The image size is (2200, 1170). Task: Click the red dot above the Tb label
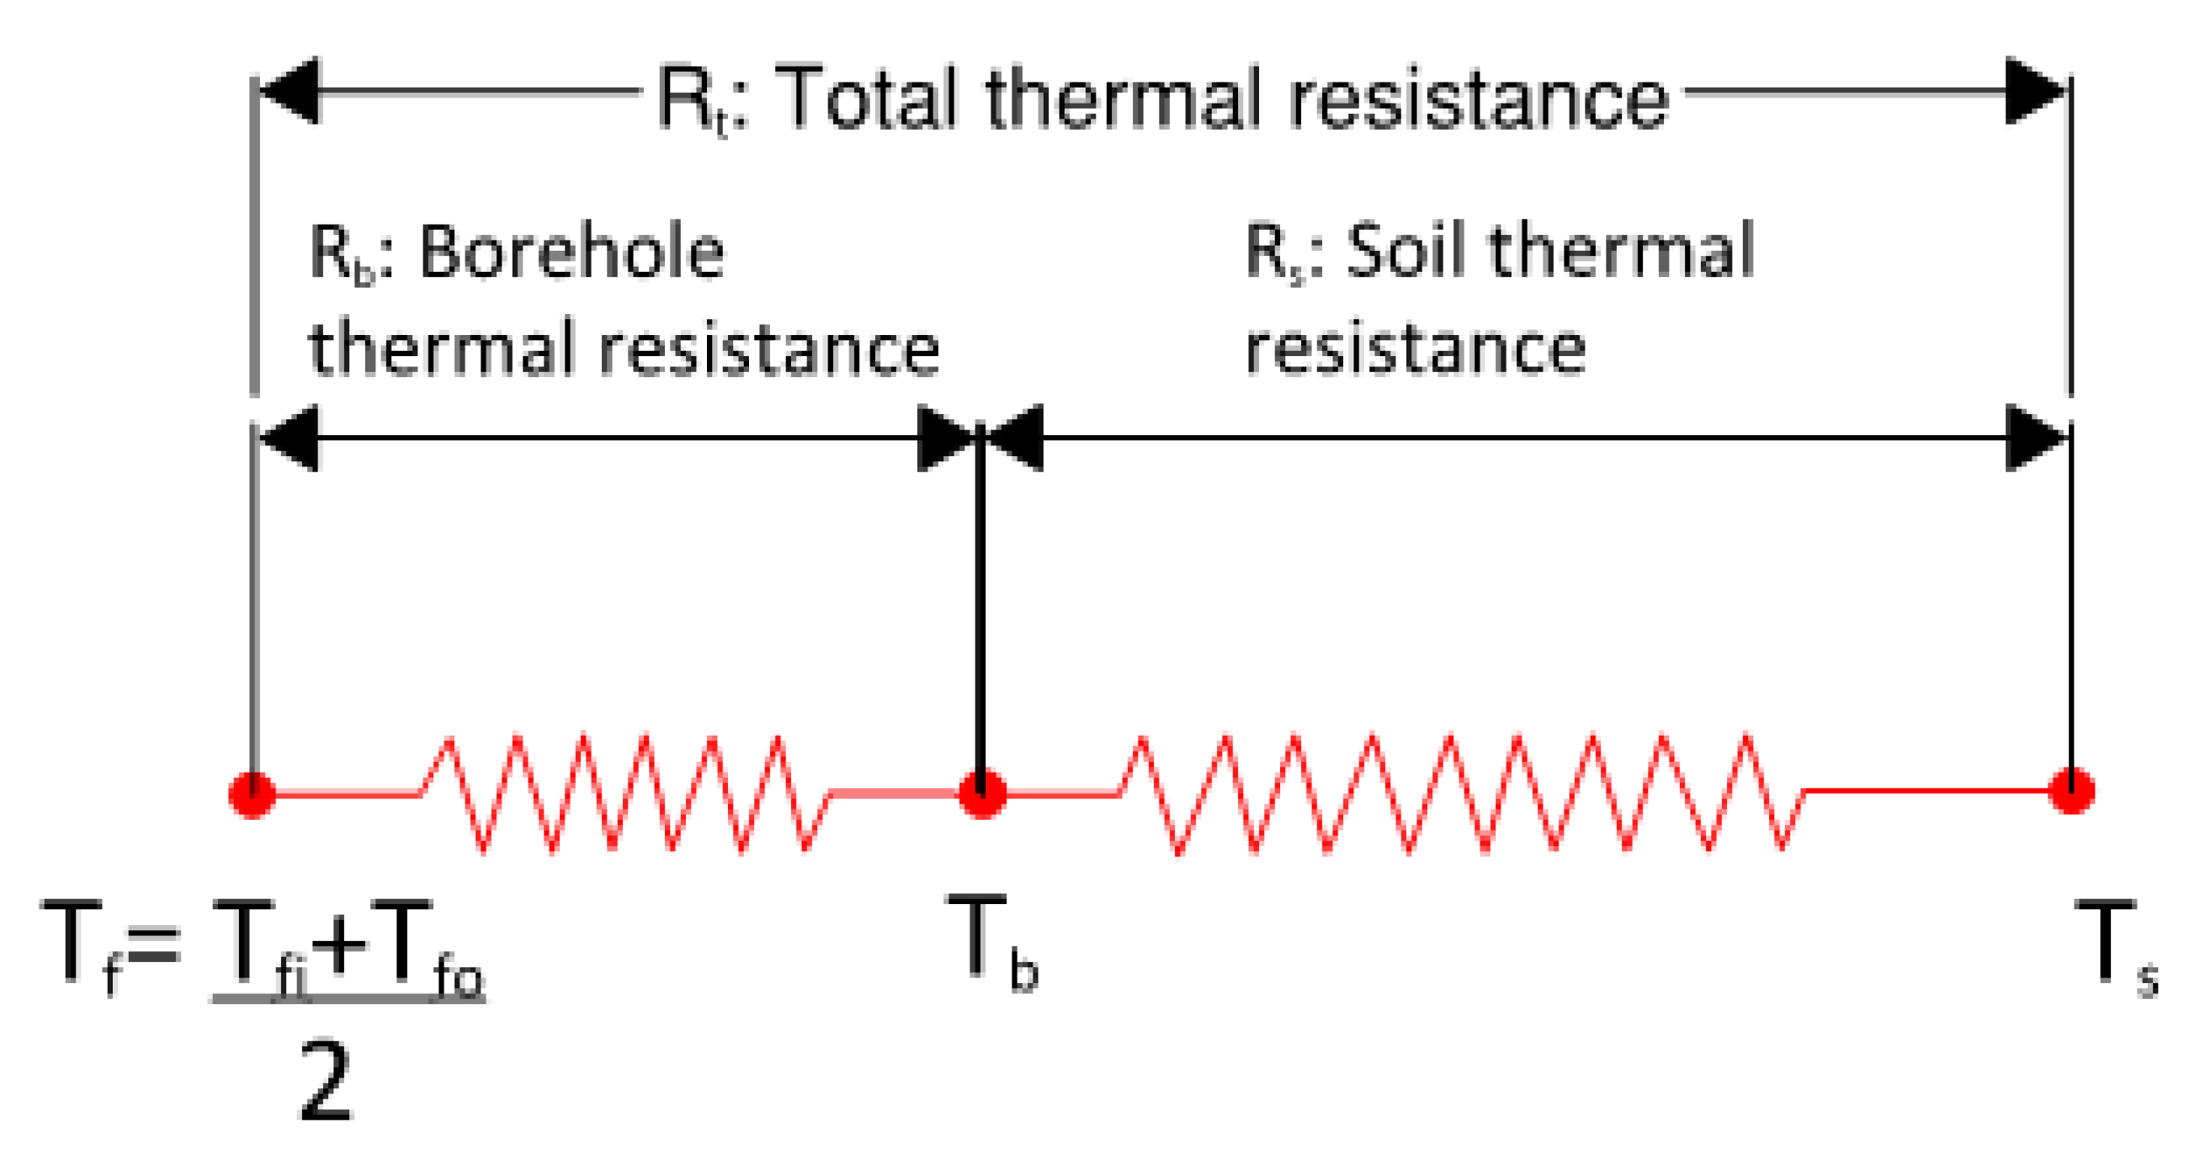pos(981,795)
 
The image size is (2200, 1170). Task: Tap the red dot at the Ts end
pos(2070,791)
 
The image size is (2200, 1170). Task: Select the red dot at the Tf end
pos(252,795)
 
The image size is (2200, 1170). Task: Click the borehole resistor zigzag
pos(624,795)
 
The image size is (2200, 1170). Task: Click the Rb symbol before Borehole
pos(340,254)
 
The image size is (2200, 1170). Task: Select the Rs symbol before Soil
pos(1273,253)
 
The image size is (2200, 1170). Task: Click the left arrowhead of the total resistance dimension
pos(290,91)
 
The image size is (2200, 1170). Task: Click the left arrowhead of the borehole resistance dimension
pos(290,438)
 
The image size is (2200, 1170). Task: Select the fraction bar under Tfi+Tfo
pos(348,997)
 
